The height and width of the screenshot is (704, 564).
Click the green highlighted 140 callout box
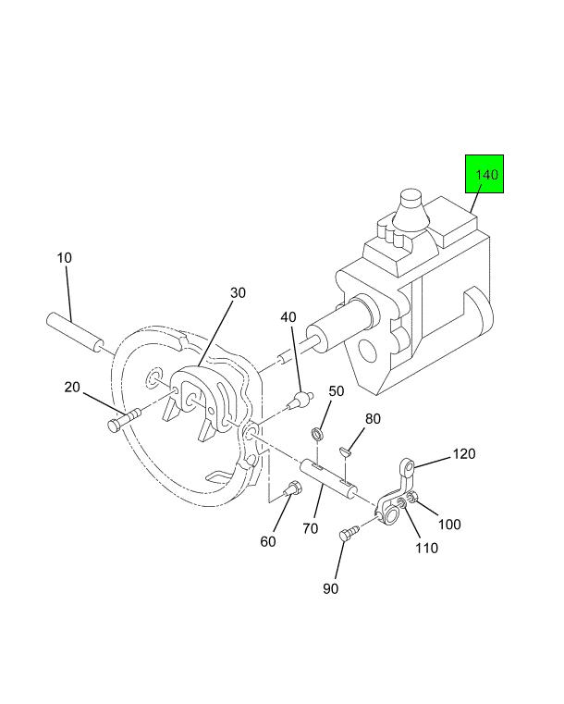[484, 174]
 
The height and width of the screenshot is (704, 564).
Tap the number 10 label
[64, 257]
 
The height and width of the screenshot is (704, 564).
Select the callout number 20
[73, 387]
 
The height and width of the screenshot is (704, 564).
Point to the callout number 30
[238, 292]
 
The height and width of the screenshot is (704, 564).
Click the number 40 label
[288, 316]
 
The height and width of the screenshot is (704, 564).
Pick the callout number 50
[336, 391]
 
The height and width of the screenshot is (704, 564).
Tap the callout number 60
[267, 541]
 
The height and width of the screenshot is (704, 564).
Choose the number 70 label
[310, 529]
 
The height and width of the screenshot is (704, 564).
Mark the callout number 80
[373, 418]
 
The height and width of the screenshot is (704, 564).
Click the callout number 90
[331, 589]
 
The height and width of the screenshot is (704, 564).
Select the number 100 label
[449, 525]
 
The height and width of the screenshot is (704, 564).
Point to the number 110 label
[426, 548]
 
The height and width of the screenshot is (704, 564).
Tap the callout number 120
[464, 454]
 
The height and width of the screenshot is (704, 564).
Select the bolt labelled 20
[123, 420]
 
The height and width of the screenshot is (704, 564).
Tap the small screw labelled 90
[349, 534]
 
